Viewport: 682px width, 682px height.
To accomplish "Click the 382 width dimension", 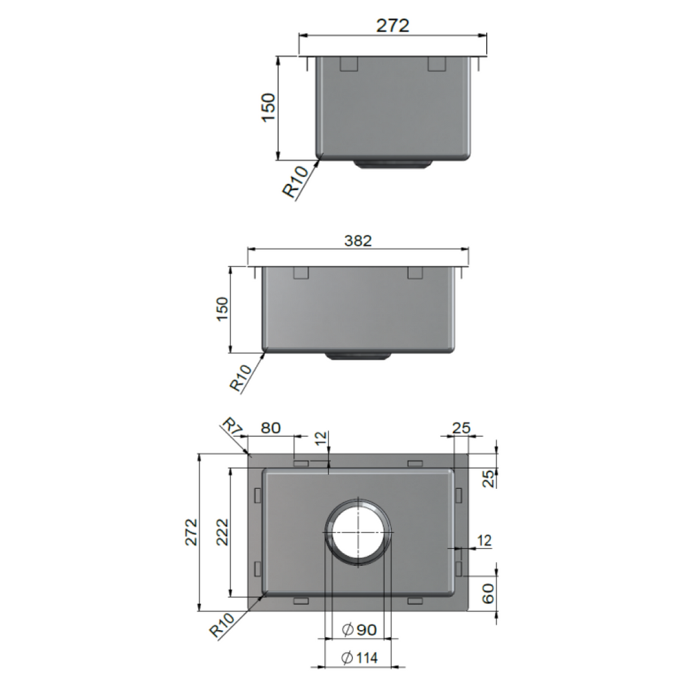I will click(357, 240).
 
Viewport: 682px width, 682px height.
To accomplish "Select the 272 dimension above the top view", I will click(392, 25).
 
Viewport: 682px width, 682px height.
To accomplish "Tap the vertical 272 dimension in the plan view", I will click(191, 532).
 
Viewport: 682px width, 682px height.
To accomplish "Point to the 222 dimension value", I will click(222, 532).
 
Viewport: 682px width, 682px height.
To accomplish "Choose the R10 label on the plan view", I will click(220, 627).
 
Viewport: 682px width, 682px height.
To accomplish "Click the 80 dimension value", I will click(270, 428).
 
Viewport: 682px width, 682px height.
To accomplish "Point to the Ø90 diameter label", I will click(359, 629).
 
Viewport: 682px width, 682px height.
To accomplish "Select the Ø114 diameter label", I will click(359, 658).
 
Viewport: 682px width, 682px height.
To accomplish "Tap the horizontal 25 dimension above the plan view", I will click(461, 428).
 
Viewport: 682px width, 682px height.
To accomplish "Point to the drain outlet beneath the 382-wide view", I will click(358, 356).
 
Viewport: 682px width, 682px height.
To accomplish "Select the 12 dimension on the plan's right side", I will click(484, 540).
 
